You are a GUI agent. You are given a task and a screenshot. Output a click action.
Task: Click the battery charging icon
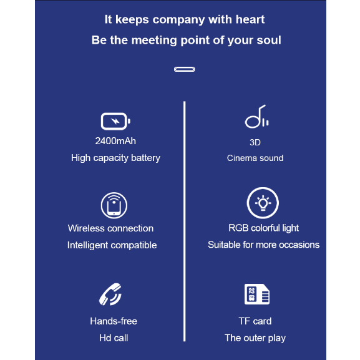coord(115,121)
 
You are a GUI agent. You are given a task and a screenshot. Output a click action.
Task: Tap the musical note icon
coord(256,117)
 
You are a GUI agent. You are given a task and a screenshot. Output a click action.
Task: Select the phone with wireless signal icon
coord(114,205)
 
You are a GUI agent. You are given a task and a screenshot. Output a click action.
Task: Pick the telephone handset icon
coord(110,294)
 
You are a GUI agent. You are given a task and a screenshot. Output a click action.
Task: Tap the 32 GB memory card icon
coord(257,294)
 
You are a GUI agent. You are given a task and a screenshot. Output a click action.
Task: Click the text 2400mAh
coord(115,141)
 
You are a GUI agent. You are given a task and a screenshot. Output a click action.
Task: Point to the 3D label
coord(255,142)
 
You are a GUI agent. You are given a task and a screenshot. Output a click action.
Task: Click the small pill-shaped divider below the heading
coord(184,69)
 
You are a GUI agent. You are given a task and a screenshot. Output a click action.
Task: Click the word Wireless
coord(86,228)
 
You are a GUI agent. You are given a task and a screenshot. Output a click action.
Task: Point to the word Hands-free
coord(114,321)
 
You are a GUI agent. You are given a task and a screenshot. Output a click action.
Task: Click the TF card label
coord(255,321)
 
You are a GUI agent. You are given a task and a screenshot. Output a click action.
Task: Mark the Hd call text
coord(114,338)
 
